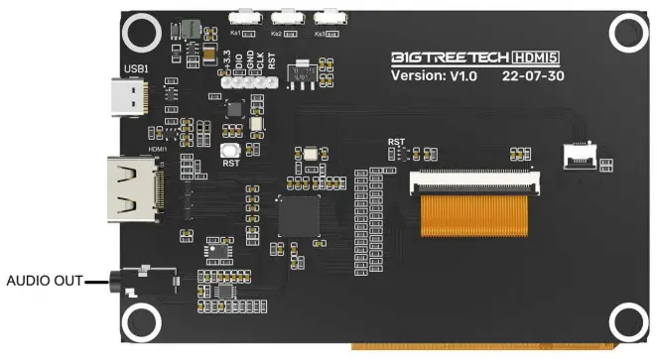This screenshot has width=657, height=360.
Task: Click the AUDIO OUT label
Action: [x=44, y=281]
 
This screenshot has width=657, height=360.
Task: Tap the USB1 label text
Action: [x=135, y=68]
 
